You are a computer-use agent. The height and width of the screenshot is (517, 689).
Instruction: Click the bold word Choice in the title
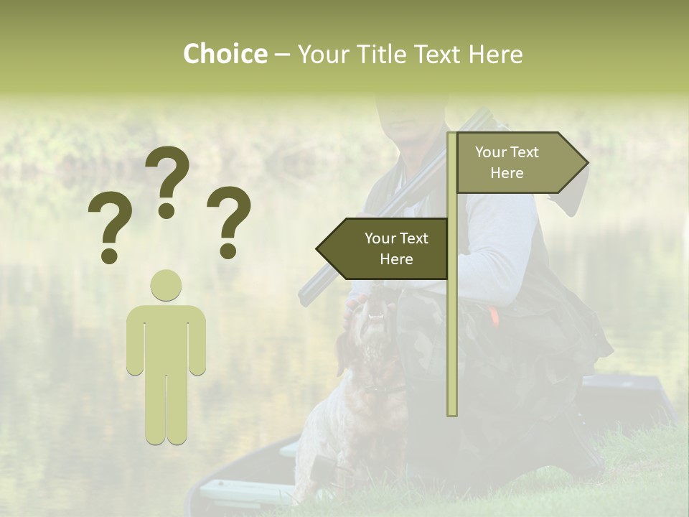225,54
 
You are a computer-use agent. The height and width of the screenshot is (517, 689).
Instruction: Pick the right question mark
229,220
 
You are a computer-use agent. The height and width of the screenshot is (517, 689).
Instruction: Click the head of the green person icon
166,285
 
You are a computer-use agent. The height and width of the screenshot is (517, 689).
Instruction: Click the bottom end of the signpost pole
452,411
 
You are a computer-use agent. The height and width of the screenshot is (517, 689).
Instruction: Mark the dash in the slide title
282,55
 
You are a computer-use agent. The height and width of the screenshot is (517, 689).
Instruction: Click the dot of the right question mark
229,251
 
